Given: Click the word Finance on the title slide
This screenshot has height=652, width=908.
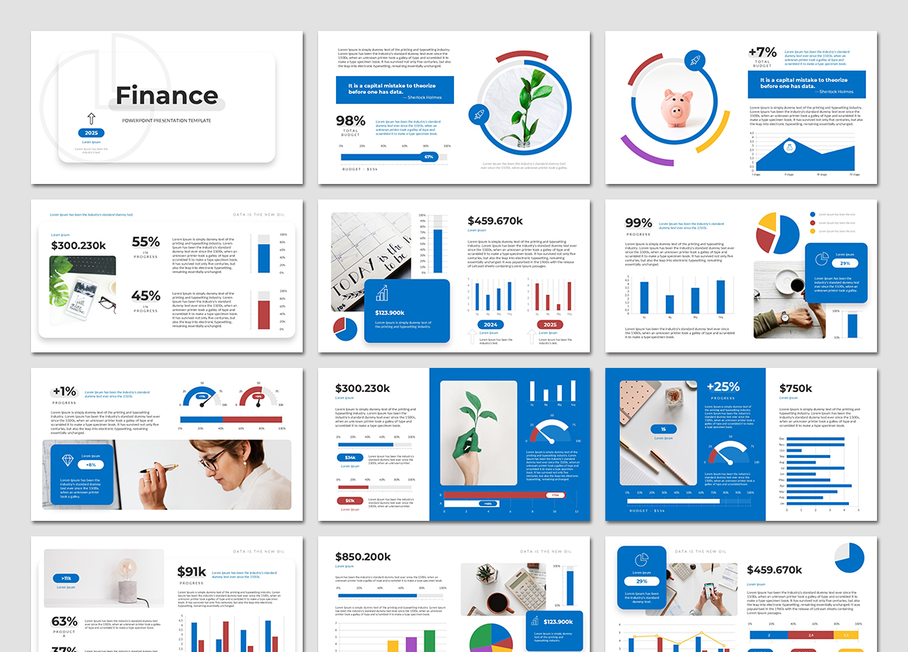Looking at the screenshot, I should tap(167, 95).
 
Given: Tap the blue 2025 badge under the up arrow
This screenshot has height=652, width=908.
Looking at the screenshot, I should tap(92, 133).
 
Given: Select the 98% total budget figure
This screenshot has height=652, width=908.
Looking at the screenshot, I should tap(350, 120).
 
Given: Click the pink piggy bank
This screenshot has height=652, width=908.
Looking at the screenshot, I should tap(676, 107).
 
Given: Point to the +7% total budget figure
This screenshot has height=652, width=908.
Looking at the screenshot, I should tap(762, 53).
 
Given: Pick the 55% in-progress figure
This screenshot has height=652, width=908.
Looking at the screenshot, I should tap(146, 242).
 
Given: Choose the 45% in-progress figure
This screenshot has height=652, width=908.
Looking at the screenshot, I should tap(146, 296).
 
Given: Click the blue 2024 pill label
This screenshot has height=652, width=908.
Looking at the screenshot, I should tap(490, 324).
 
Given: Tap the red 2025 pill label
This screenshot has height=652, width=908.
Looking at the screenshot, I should tap(550, 324).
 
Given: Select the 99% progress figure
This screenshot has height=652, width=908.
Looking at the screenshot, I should tap(639, 224).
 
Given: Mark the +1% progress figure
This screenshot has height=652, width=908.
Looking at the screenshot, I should tap(64, 391).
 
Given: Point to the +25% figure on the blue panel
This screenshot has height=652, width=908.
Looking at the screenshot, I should tap(723, 387).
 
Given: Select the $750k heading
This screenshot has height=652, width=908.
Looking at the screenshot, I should tap(795, 388).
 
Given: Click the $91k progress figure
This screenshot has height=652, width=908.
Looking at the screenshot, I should tap(192, 572).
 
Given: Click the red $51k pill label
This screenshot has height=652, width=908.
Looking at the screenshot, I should tap(350, 501).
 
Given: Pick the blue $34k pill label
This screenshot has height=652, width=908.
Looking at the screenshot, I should tap(350, 458).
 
